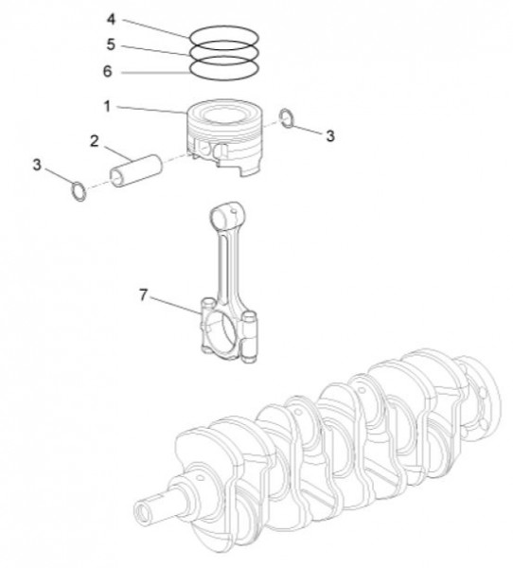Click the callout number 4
pos(111,18)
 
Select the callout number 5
pos(111,44)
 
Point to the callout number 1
pos(109,106)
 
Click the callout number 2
pos(96,141)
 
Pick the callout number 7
pos(144,295)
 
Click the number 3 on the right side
pos(329,136)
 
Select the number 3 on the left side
pos(37,165)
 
